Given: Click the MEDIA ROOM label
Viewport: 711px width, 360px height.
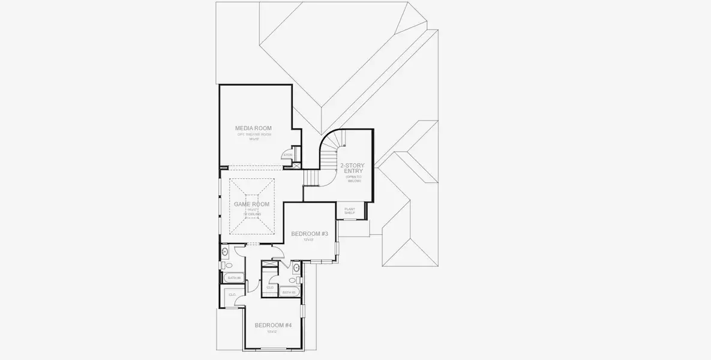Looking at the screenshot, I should tap(254, 128).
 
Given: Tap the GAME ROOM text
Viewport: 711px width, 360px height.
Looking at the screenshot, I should tap(251, 204).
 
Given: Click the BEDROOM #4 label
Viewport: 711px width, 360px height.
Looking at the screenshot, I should tap(272, 325).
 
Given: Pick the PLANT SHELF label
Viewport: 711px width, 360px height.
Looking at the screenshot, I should tap(349, 211).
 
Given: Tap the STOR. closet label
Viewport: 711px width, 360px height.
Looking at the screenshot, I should tap(287, 155).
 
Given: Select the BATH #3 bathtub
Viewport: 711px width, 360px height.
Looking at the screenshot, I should tap(289, 292).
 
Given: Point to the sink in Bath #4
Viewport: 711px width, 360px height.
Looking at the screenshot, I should tap(224, 251).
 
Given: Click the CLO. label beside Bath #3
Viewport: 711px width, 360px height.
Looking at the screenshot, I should tap(270, 287).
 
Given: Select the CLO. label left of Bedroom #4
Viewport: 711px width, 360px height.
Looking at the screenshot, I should tap(232, 295).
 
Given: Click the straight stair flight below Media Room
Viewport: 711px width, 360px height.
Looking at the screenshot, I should tap(311, 178).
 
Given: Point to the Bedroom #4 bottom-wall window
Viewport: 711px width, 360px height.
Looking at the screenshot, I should tap(273, 350).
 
